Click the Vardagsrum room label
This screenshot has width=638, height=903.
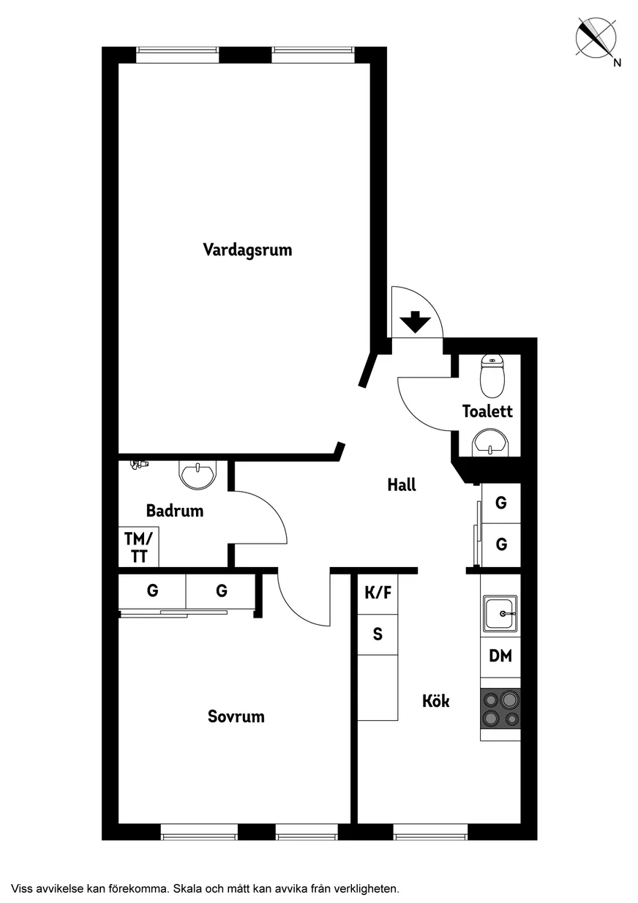click(x=247, y=250)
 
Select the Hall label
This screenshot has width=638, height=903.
click(x=402, y=484)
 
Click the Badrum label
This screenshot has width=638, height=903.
click(x=175, y=511)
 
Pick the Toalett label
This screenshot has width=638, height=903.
click(x=487, y=411)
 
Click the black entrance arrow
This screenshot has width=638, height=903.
click(x=416, y=322)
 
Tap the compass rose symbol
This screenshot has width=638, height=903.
click(x=596, y=38)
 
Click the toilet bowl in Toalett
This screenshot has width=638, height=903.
click(x=492, y=375)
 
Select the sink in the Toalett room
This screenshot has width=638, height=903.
click(x=490, y=442)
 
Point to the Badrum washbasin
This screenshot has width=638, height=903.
click(x=198, y=475)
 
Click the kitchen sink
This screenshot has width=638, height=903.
click(x=500, y=613)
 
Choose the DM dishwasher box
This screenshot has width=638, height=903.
click(x=500, y=656)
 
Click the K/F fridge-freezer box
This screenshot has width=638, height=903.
click(x=378, y=593)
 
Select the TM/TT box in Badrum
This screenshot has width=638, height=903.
click(x=138, y=547)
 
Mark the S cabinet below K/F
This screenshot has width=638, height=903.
click(x=378, y=634)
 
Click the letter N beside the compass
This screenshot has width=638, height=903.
click(x=617, y=62)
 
